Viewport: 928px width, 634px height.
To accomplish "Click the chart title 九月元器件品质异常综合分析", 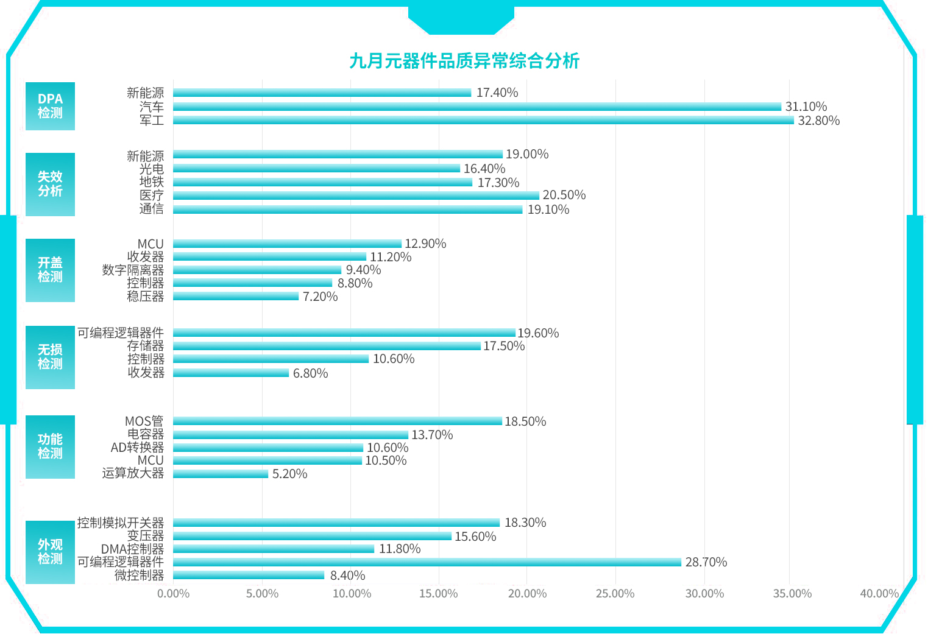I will tap(464, 61).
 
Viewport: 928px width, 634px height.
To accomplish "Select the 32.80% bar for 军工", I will tap(483, 121).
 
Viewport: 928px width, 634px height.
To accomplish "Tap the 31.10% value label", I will tap(806, 107).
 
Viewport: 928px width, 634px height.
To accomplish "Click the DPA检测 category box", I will tap(50, 106).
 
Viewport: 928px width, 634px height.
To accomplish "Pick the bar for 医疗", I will tap(356, 195).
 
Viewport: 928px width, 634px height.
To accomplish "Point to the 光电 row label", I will tap(151, 169).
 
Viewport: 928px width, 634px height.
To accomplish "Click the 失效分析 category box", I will tap(50, 184).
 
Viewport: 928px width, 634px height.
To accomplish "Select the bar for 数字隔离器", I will tap(257, 270).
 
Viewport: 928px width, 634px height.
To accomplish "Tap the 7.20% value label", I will tap(320, 297).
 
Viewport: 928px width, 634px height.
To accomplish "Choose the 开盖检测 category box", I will tap(50, 270).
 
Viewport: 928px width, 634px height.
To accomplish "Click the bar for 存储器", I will tap(327, 346).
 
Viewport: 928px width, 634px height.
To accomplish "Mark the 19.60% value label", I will tap(538, 333).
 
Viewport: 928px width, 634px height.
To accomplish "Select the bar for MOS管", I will tap(337, 421).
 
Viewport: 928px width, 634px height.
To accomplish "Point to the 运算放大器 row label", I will tap(133, 473).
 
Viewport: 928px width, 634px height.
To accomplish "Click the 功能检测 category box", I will tap(50, 446).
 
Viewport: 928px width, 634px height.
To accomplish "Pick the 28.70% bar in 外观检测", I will tap(427, 562).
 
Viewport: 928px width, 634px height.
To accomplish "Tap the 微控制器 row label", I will tap(139, 576).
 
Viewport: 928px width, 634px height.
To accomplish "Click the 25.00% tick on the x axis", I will tap(615, 594).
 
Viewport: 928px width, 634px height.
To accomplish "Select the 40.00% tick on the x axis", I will tap(879, 594).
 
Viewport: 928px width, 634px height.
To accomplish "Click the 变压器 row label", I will tap(145, 536).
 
